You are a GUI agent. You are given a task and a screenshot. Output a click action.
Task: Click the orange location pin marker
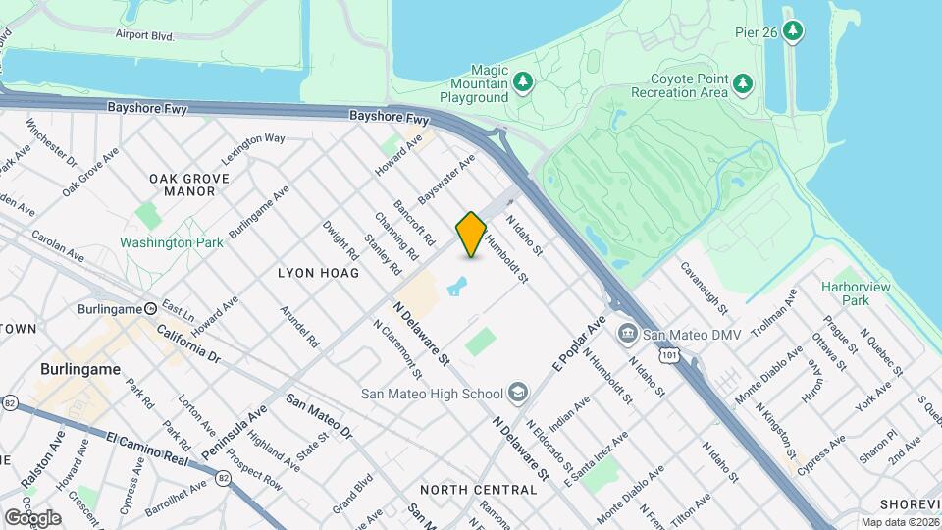pos(471,235)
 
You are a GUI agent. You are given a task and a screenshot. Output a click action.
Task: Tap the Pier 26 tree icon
pos(793,32)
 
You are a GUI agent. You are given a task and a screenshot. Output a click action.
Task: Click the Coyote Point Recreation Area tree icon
pos(744,83)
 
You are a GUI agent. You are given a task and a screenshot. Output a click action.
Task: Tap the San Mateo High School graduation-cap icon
pos(517,394)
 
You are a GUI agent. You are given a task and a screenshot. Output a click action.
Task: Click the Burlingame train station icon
pos(150,308)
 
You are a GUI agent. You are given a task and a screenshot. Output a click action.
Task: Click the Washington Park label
pos(158,241)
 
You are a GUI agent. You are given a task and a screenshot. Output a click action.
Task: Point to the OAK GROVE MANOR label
pos(189,185)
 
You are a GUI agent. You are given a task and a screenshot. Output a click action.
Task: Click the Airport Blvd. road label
pos(143,35)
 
